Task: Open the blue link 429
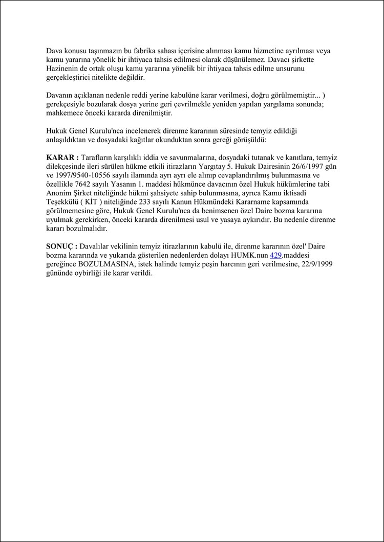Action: pos(276,255)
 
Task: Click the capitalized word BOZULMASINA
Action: pos(107,264)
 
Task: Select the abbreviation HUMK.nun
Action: pos(250,255)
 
